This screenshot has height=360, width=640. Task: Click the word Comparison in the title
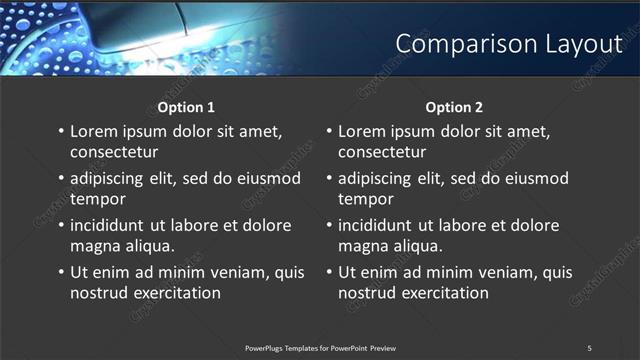pyautogui.click(x=454, y=44)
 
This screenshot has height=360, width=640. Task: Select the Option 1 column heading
pyautogui.click(x=186, y=107)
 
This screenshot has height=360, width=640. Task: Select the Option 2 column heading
pyautogui.click(x=454, y=107)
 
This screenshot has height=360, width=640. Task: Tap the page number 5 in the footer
pyautogui.click(x=589, y=348)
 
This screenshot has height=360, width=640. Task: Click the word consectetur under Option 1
pyautogui.click(x=114, y=153)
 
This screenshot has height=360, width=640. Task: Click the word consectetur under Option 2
pyautogui.click(x=382, y=153)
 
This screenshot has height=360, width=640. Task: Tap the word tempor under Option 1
pyautogui.click(x=97, y=199)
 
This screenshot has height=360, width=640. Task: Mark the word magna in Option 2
pyautogui.click(x=362, y=245)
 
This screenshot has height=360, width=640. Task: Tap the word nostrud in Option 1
pyautogui.click(x=98, y=293)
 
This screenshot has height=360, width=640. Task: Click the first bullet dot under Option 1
pyautogui.click(x=60, y=132)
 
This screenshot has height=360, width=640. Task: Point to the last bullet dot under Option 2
pyautogui.click(x=328, y=272)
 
